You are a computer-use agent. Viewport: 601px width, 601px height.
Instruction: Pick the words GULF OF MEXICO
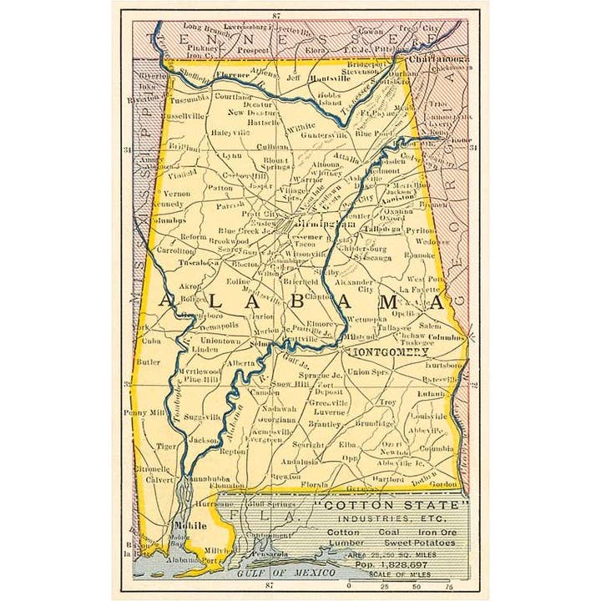pyautogui.click(x=285, y=573)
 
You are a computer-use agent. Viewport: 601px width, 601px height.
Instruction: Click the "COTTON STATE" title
pyautogui.click(x=400, y=506)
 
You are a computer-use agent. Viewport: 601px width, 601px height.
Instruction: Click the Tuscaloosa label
pyautogui.click(x=199, y=262)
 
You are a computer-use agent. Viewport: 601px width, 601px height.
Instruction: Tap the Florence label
pyautogui.click(x=233, y=75)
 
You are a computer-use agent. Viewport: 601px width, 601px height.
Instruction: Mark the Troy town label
pyautogui.click(x=388, y=402)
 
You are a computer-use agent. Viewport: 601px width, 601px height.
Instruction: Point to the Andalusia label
pyautogui.click(x=300, y=461)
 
